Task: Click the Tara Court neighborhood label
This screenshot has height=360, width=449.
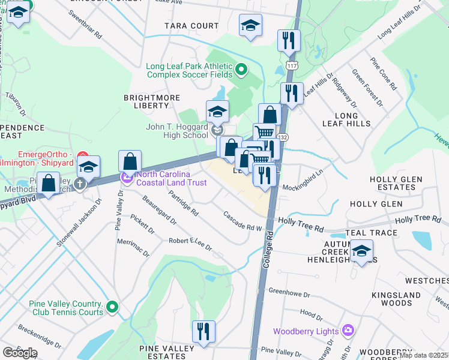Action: pos(192,26)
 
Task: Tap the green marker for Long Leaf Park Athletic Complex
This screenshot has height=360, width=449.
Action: pos(241,70)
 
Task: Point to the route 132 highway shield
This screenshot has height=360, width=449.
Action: pos(282,137)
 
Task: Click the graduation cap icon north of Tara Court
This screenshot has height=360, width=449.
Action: pos(251,25)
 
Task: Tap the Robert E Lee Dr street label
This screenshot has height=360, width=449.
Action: pos(191,243)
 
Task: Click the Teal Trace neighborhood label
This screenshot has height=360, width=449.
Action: pos(372,233)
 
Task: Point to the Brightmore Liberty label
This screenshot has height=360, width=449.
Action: pos(146,101)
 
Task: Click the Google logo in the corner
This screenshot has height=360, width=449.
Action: pos(20,352)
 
